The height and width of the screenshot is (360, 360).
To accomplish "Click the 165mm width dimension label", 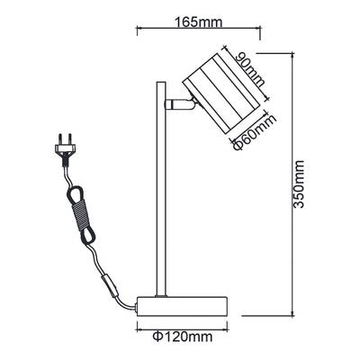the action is [x=198, y=22].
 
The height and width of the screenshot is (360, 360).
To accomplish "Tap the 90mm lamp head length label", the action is [x=250, y=69].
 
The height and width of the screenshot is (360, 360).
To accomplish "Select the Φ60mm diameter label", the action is [x=255, y=132].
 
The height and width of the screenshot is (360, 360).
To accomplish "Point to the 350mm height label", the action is [x=299, y=184].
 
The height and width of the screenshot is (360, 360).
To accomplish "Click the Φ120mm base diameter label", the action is [x=183, y=337].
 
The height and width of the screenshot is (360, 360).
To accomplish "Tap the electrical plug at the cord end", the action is [x=64, y=149].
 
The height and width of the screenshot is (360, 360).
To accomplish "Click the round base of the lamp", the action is [x=182, y=306].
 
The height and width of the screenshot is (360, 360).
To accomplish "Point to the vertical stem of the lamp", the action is [x=161, y=189].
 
